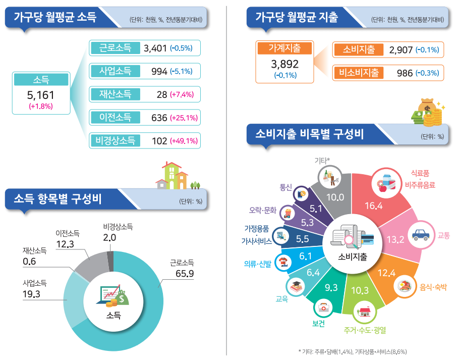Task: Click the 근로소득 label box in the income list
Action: coord(115,48)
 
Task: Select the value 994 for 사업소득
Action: coord(159,71)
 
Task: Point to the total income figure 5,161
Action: coord(40,94)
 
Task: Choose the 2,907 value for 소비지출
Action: coord(401,50)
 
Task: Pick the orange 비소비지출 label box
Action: coord(359,72)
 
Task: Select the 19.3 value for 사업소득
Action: coord(32,293)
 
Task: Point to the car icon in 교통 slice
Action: coord(420,235)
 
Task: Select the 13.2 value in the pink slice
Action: coord(395,239)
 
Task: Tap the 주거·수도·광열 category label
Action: coord(365,330)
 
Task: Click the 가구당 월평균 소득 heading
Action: coord(55,17)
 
